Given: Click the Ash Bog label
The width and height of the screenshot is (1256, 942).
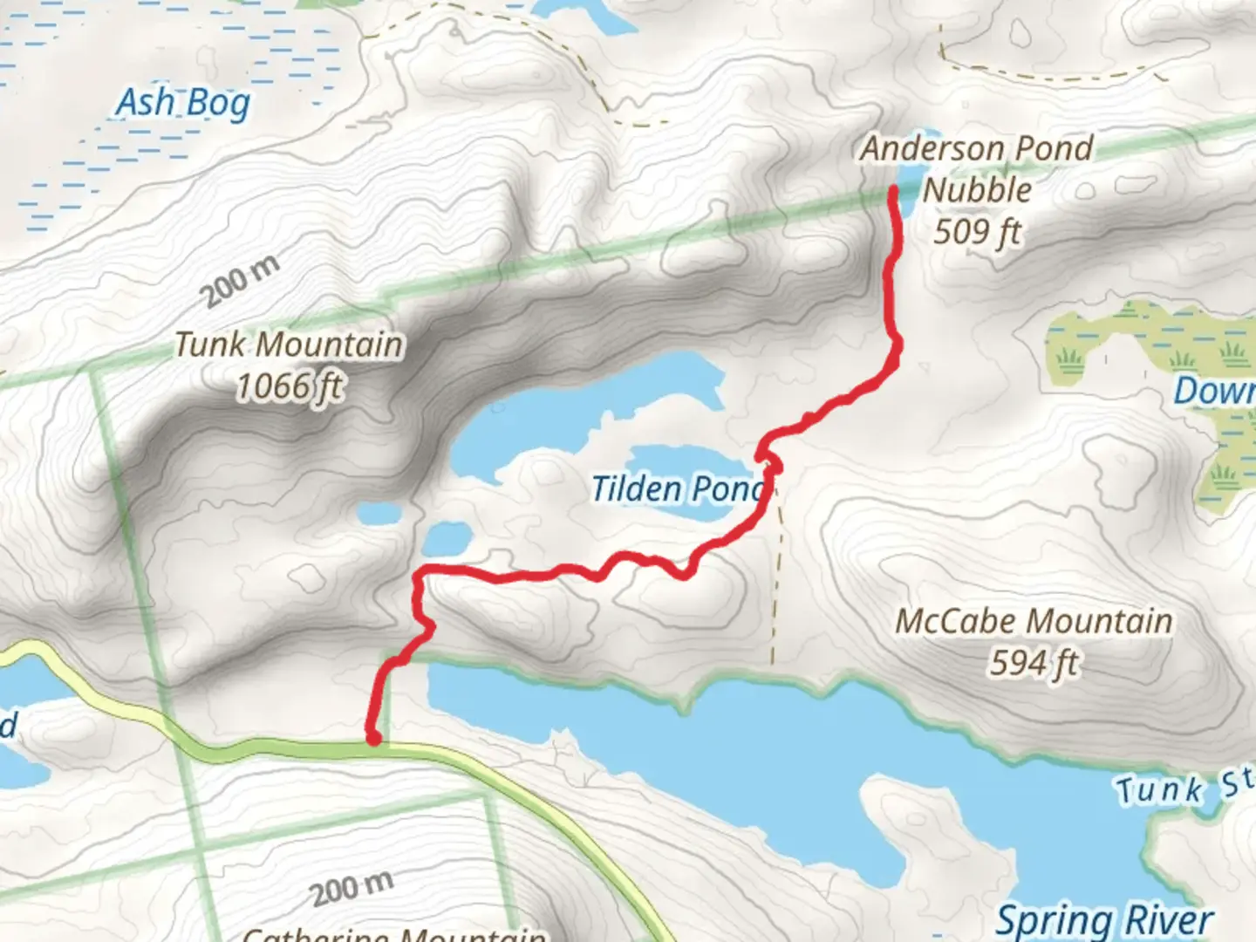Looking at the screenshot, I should [x=183, y=104].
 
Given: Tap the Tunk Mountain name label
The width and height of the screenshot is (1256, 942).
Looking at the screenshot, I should [x=289, y=345].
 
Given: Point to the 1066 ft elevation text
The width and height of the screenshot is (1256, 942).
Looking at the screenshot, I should [x=290, y=386].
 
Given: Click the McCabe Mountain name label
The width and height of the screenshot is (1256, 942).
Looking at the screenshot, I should [x=1034, y=622].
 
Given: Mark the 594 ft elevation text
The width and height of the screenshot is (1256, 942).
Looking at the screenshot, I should [x=1034, y=664].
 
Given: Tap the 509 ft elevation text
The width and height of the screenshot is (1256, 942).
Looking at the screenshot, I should [x=977, y=232].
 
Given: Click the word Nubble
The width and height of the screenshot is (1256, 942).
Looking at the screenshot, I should [x=977, y=190].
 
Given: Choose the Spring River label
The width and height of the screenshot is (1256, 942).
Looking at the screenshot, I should [x=1104, y=919].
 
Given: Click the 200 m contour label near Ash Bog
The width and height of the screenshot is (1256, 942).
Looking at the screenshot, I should [x=242, y=281].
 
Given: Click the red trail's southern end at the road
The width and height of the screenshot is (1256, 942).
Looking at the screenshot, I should [x=373, y=738].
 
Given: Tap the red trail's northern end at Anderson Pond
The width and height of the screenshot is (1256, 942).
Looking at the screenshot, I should [x=894, y=190].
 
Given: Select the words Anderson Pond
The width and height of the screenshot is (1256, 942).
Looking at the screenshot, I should [x=977, y=148].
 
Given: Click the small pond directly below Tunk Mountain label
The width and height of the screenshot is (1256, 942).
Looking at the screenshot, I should [x=377, y=514].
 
